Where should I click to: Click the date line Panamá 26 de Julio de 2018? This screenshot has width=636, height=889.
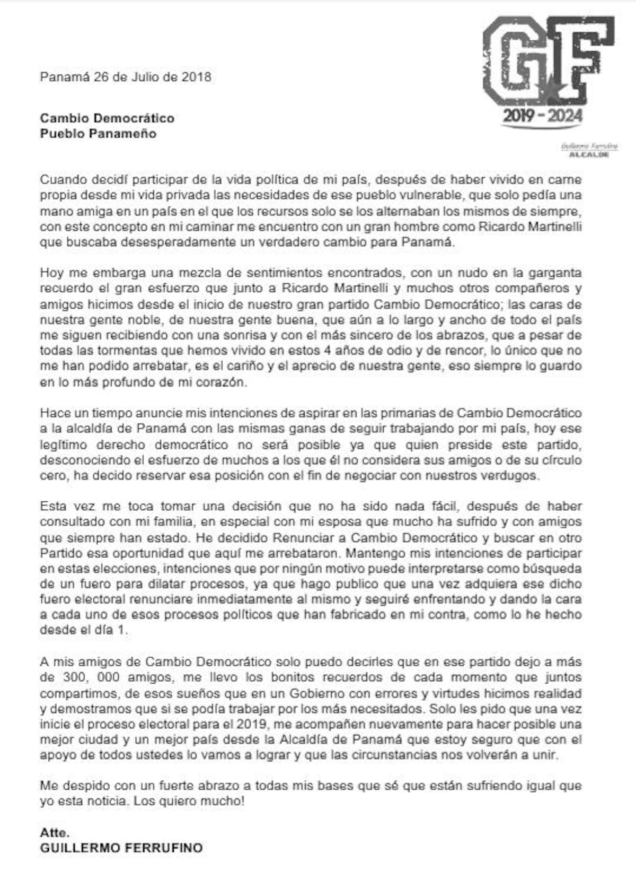pos(126,77)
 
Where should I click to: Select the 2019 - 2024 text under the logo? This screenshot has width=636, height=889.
pos(542,116)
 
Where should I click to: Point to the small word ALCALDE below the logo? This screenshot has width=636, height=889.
pos(588,154)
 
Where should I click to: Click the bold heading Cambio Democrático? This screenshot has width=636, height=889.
pos(107,118)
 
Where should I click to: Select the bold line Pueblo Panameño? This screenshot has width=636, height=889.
pos(98,134)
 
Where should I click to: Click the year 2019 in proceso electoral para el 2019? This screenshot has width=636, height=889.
pos(251,724)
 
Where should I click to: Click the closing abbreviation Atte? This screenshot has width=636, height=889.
pos(55,832)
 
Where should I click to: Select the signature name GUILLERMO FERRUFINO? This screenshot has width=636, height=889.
pos(121,848)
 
